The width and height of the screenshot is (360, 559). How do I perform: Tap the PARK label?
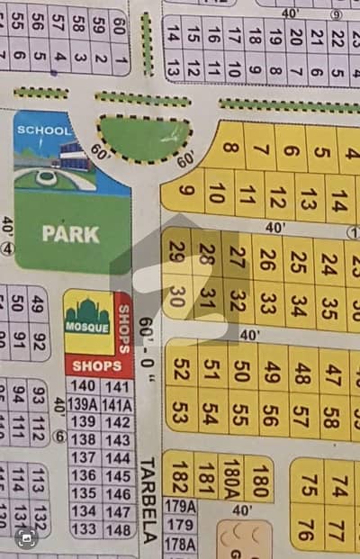pyautogui.click(x=70, y=233)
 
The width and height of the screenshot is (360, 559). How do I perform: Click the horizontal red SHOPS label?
pyautogui.click(x=96, y=366)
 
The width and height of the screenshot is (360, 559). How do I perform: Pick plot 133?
pyautogui.click(x=83, y=529)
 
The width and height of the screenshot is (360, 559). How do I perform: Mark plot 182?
pyautogui.click(x=180, y=476)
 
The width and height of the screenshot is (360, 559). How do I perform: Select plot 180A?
pyautogui.click(x=232, y=476)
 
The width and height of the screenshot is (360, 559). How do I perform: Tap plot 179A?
pyautogui.click(x=180, y=507)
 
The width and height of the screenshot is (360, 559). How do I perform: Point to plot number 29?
pyautogui.click(x=176, y=255)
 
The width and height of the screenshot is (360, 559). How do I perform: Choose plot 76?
pyautogui.click(x=306, y=529)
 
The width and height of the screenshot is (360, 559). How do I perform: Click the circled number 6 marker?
pyautogui.click(x=58, y=437)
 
